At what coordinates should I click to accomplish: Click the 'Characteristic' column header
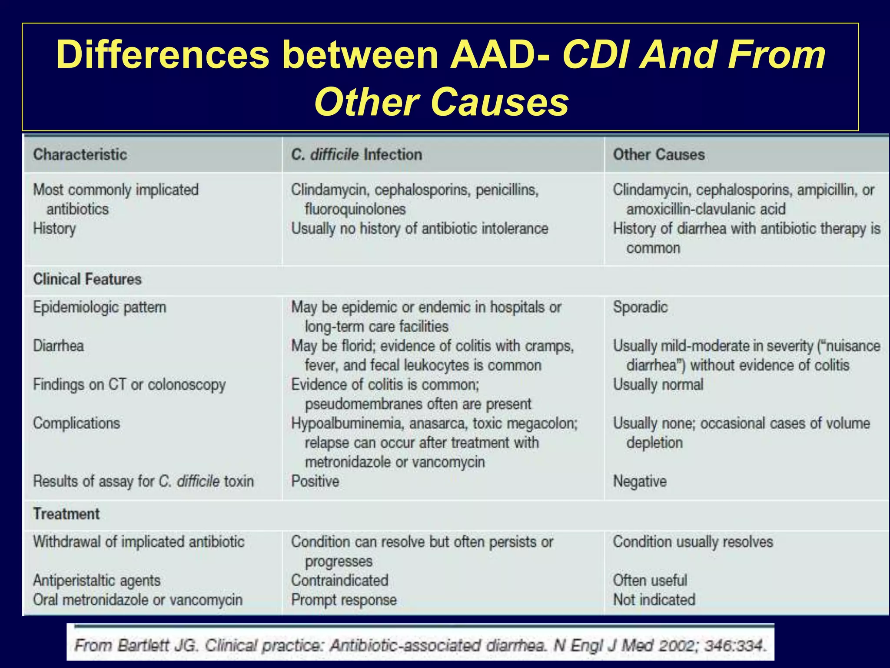coord(80,155)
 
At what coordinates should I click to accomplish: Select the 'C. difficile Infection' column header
coord(356,155)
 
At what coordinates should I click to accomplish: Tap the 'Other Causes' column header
coord(659,155)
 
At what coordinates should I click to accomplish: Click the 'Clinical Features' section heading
coord(87,279)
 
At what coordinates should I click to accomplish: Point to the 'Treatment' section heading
coord(66,514)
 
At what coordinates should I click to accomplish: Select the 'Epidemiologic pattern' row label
coord(100,307)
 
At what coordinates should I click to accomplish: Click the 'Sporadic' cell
coord(640,307)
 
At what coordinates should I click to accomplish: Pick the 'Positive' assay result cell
coord(315,481)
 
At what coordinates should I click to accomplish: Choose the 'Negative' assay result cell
coord(640,481)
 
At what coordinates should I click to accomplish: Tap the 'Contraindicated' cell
coord(340,581)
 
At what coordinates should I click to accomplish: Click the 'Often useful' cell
coord(650,581)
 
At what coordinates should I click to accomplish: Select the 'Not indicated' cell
coord(654,600)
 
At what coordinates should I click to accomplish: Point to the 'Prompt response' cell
coord(344,600)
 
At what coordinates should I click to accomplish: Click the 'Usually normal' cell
coord(658,385)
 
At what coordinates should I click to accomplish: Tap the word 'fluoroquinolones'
coord(355,209)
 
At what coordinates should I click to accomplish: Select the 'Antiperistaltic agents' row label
coord(97,581)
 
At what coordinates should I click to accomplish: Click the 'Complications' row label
coord(76,424)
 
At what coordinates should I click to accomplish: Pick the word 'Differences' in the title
coord(163,55)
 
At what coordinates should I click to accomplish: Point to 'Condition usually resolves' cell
coord(693,542)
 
